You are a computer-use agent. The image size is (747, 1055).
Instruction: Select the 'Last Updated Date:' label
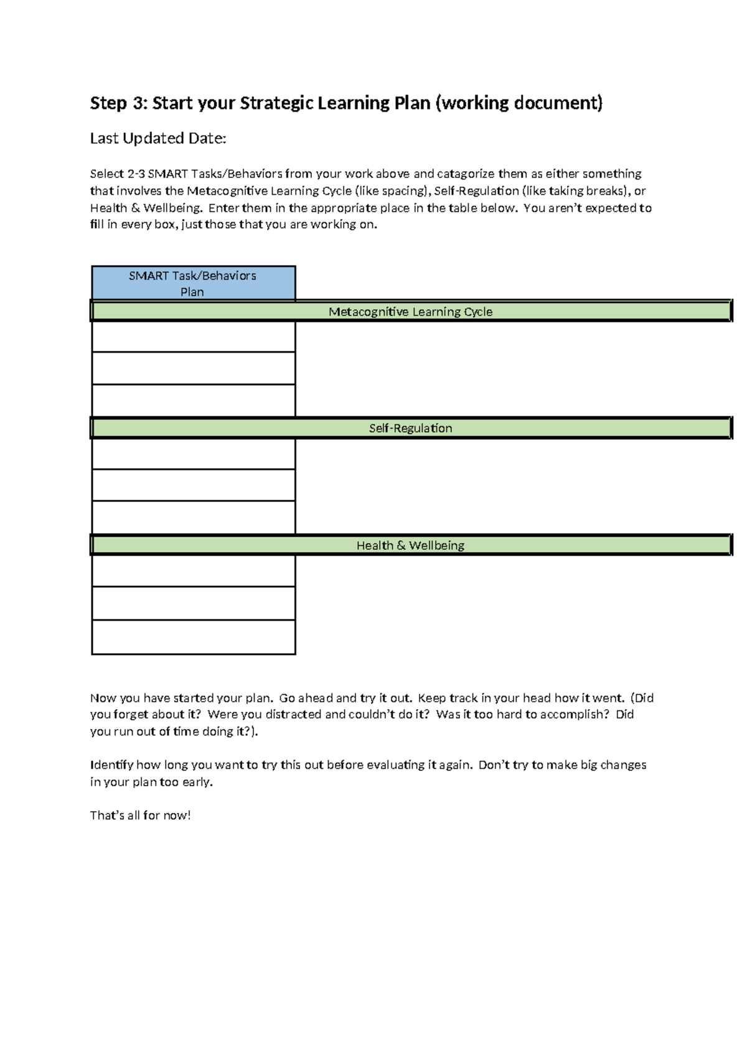click(x=158, y=138)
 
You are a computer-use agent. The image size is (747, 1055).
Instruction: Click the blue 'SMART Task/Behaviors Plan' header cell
click(x=193, y=284)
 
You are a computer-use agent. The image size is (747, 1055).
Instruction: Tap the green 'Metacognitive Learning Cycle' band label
click(x=410, y=312)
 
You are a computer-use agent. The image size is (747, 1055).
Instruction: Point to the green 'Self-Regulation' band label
click(x=410, y=428)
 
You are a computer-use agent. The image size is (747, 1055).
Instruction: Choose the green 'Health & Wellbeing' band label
click(x=410, y=546)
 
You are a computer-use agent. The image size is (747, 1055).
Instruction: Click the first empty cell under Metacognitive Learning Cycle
click(x=193, y=337)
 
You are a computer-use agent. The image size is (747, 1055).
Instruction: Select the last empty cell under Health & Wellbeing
click(x=193, y=637)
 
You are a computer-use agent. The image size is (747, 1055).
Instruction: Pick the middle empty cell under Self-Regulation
click(x=193, y=485)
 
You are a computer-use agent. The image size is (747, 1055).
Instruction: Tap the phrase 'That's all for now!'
click(x=140, y=816)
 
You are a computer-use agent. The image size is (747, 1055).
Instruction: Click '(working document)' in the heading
click(x=519, y=103)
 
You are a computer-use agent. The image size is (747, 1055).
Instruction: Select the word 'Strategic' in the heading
click(x=276, y=103)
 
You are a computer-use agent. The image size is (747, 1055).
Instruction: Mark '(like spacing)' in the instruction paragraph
click(x=392, y=191)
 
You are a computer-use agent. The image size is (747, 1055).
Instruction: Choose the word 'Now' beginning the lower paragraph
click(x=103, y=698)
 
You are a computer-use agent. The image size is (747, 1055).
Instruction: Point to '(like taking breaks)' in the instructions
click(x=575, y=191)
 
